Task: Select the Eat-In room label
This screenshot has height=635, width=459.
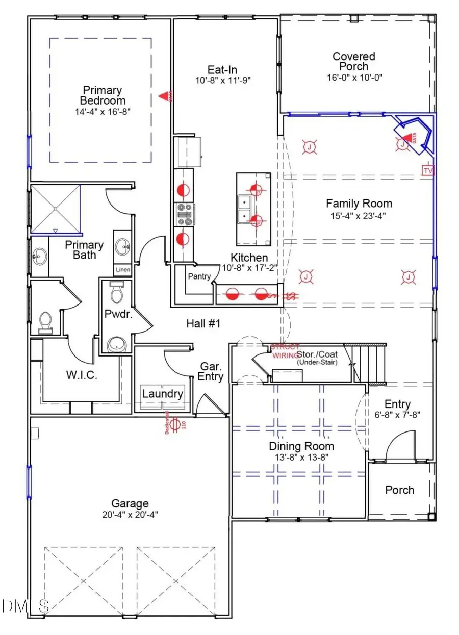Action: click(x=222, y=70)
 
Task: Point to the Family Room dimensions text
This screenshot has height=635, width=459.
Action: click(x=359, y=215)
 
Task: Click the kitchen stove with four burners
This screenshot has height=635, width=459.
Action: click(x=184, y=214)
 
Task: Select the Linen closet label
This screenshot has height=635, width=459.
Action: click(x=123, y=269)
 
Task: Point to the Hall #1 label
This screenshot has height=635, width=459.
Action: click(x=203, y=323)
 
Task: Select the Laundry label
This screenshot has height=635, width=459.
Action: click(x=162, y=394)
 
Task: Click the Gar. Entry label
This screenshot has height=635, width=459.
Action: click(x=211, y=371)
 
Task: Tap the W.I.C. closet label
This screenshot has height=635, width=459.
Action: click(x=81, y=376)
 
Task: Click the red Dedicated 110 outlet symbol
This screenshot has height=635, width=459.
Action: click(x=174, y=424)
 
